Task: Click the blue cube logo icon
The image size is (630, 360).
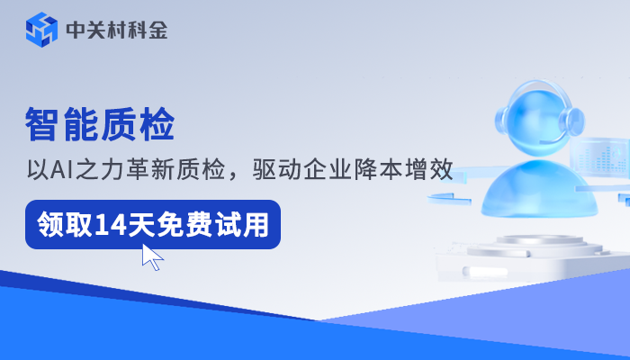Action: tap(41, 30)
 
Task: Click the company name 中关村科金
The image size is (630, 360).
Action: tap(116, 31)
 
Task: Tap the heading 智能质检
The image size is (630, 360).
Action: tap(99, 124)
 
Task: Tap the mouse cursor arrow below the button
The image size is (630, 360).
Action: tap(151, 256)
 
